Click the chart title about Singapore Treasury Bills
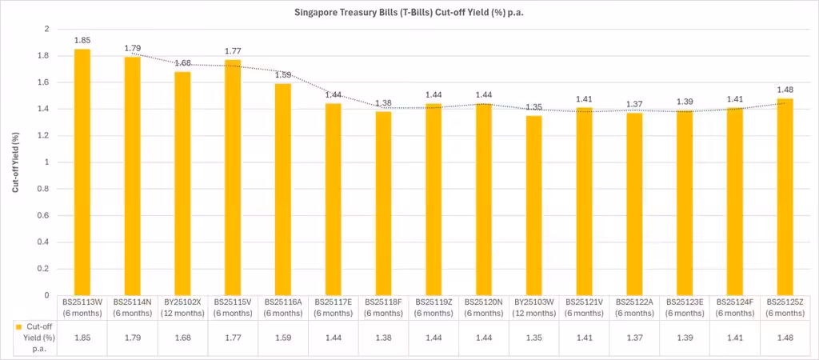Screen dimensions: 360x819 pos(409,13)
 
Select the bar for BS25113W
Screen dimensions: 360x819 pos(82,172)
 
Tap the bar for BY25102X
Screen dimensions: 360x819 pos(182,183)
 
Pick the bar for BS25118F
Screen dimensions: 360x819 pos(383,203)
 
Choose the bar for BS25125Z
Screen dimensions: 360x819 pos(785,197)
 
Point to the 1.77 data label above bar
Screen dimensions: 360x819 pos(233,51)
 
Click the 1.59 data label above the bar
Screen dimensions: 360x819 pos(283,75)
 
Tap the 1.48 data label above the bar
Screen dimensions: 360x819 pos(785,90)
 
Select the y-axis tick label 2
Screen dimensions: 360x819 pos(46,30)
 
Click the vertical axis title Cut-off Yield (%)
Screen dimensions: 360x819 pos(15,162)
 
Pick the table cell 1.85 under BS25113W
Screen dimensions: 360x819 pos(82,338)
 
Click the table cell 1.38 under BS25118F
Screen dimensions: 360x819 pos(383,338)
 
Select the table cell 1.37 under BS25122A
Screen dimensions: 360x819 pos(635,338)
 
